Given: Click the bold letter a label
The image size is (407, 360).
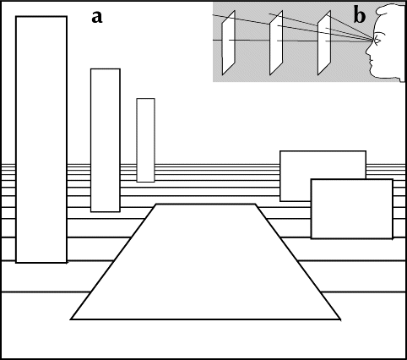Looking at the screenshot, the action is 97,17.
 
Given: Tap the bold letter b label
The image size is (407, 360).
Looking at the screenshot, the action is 360,16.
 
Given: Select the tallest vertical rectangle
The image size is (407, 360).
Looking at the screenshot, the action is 41,139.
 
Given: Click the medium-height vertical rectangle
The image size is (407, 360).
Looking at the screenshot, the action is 106,140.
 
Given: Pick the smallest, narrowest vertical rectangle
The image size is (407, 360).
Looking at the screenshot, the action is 146,140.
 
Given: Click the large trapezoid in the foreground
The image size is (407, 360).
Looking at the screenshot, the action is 206,262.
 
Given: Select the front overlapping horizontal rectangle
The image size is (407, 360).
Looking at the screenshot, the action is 352,209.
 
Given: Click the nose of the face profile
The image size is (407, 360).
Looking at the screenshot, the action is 368,52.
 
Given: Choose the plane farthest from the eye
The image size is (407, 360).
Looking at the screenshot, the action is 228,42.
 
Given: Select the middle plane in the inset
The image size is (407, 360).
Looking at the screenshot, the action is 276,42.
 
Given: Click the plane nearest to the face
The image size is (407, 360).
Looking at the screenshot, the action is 324,42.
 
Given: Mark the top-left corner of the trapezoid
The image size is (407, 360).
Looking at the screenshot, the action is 156,205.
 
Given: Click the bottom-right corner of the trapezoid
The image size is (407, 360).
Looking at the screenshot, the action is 340,319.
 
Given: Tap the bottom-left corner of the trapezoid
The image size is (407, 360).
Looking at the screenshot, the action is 71,319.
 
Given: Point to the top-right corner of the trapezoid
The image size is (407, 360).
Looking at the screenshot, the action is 256,205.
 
